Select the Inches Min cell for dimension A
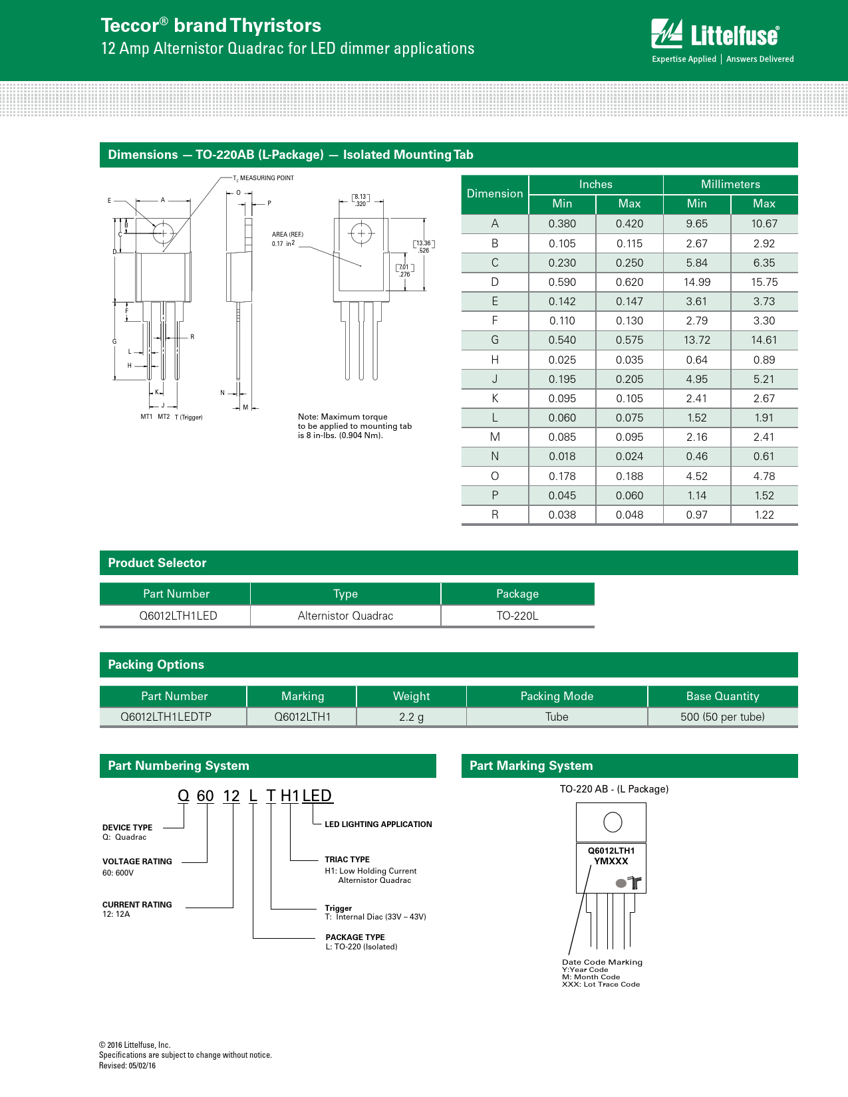pos(561,223)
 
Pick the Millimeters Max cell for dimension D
pos(764,282)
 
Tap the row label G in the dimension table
pos(494,340)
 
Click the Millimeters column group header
pos(730,184)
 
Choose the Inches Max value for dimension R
pos(629,515)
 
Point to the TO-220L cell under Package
pos(517,616)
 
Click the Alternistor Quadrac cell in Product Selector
pos(345,616)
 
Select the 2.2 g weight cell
pos(411,717)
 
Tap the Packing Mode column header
pos(557,696)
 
